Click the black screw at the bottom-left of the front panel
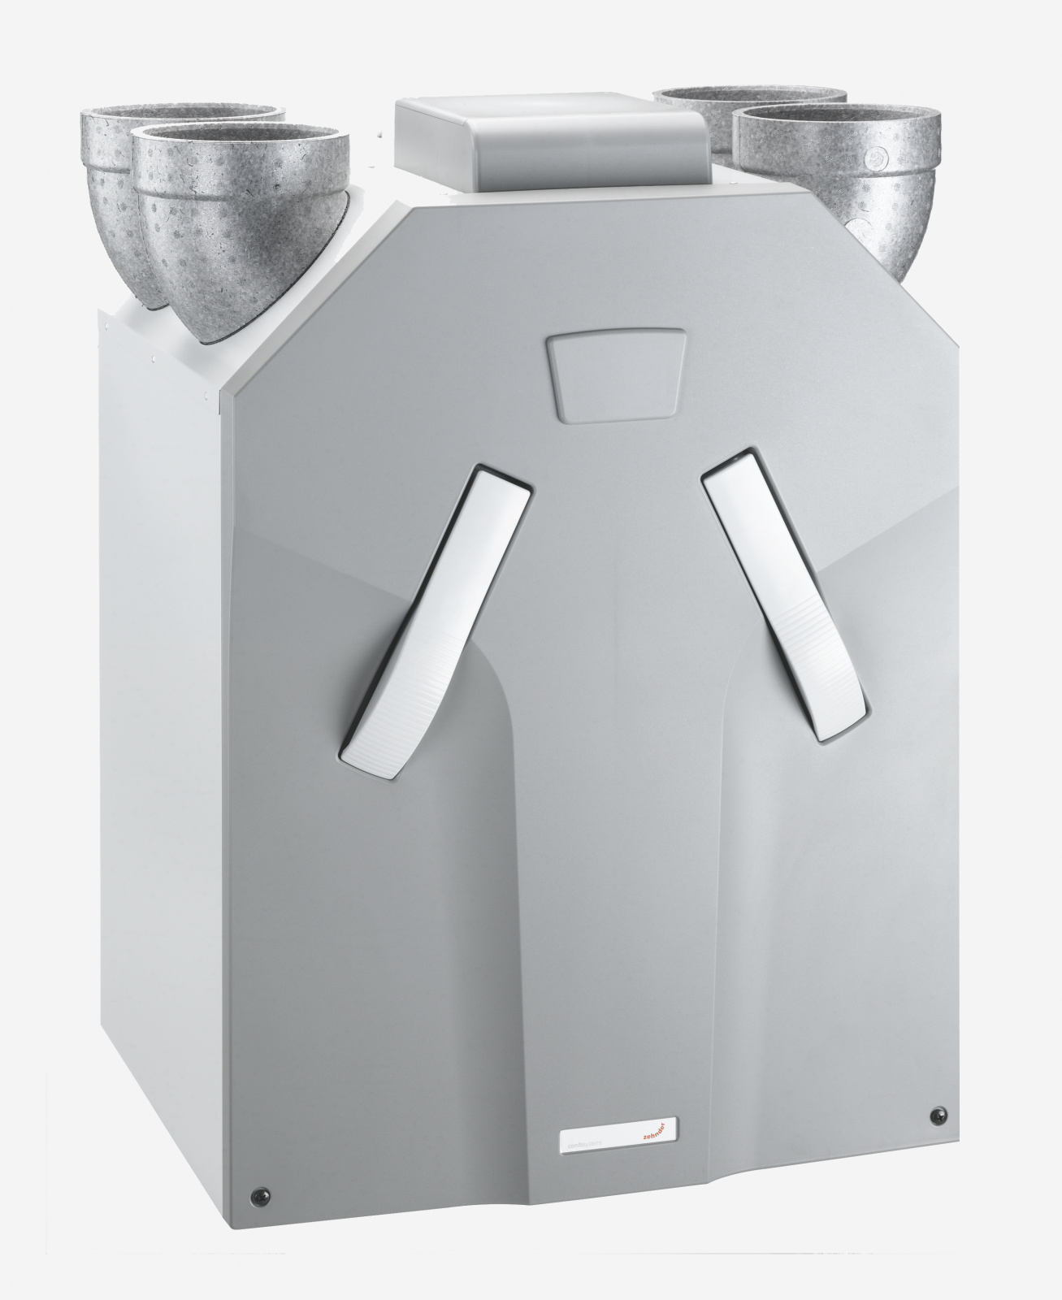click(259, 1194)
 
